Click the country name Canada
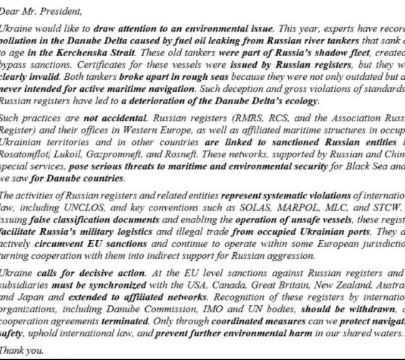[x=223, y=285]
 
